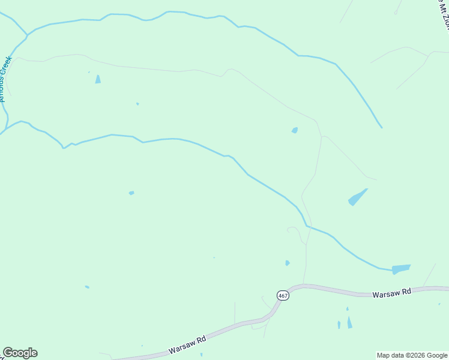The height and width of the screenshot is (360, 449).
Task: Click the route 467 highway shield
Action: pyautogui.click(x=283, y=295)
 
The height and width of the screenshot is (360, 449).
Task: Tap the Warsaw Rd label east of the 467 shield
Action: pyautogui.click(x=391, y=293)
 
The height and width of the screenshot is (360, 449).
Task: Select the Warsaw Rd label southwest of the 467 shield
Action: pyautogui.click(x=187, y=344)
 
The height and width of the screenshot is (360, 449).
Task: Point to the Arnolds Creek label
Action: pyautogui.click(x=6, y=78)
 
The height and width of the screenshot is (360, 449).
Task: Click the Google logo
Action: pyautogui.click(x=20, y=353)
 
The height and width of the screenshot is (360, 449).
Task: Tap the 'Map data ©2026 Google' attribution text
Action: pyautogui.click(x=412, y=355)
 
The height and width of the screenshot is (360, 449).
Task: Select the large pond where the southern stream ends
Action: pyautogui.click(x=401, y=269)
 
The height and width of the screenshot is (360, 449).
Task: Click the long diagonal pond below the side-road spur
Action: pyautogui.click(x=358, y=197)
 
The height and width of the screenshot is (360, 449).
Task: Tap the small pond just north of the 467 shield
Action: pyautogui.click(x=288, y=263)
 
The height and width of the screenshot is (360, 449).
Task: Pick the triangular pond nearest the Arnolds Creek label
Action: pyautogui.click(x=98, y=79)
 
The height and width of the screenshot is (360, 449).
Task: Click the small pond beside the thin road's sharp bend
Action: pyautogui.click(x=295, y=130)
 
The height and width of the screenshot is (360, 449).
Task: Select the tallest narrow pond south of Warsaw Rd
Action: pyautogui.click(x=349, y=322)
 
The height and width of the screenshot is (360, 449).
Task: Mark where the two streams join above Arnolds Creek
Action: pyautogui.click(x=27, y=34)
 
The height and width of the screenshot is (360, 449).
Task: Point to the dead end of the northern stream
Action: pyautogui.click(x=381, y=127)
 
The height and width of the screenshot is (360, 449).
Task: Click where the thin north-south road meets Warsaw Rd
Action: pyautogui.click(x=306, y=284)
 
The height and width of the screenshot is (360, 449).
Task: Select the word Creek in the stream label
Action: pyautogui.click(x=9, y=66)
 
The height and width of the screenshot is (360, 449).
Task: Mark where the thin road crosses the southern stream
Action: pyautogui.click(x=307, y=226)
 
